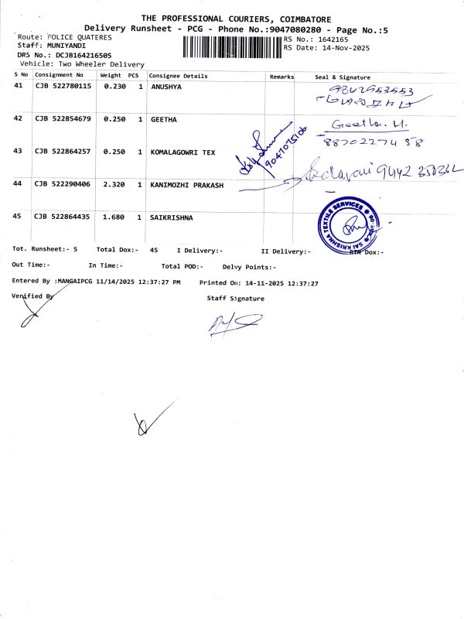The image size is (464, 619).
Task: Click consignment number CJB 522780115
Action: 63,86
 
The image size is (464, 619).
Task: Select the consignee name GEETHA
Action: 164,119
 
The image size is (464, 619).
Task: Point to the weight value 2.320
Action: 114,185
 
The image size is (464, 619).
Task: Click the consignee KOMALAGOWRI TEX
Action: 183,152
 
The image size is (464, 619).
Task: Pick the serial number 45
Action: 19,217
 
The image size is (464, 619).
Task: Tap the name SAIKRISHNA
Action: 172,217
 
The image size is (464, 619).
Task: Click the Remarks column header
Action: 281,77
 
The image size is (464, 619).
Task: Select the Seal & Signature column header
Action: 343,77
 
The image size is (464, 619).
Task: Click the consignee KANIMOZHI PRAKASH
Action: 186,185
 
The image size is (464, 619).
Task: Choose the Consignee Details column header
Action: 179,76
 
